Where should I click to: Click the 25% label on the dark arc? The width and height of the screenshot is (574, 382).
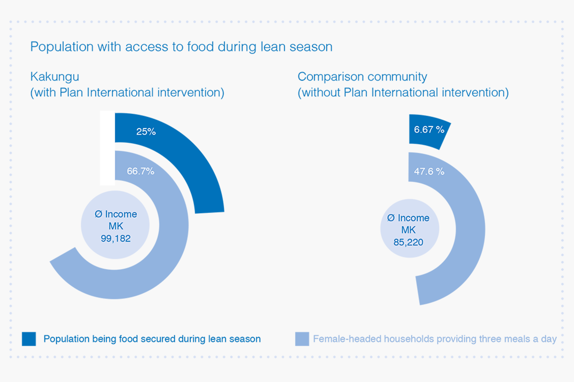(x=146, y=131)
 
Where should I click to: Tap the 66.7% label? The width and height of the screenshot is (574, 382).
(x=141, y=171)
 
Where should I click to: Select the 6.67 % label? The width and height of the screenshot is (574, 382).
(x=429, y=129)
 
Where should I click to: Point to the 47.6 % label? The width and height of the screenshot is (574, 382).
(x=429, y=171)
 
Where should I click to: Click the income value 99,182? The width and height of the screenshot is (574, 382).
(x=116, y=238)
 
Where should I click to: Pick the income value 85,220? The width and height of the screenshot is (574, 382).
(x=408, y=242)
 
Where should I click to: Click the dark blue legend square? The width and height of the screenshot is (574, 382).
(x=29, y=339)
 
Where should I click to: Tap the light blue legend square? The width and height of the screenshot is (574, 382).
(x=302, y=339)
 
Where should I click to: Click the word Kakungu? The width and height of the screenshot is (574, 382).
(x=55, y=77)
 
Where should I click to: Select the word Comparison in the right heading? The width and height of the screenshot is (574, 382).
(x=331, y=77)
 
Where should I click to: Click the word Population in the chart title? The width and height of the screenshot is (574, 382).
(x=62, y=47)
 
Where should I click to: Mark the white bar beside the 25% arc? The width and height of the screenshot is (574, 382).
(x=107, y=148)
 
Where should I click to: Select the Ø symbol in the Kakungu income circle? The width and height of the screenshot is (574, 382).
(x=99, y=214)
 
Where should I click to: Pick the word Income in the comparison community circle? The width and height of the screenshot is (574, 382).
(x=413, y=218)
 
